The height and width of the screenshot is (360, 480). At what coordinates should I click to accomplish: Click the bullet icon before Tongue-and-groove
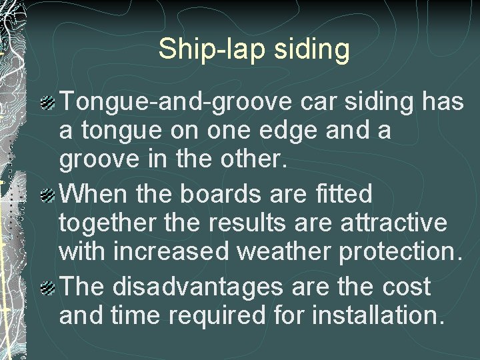click(48, 103)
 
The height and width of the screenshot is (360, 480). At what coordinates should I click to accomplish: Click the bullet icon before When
click(48, 196)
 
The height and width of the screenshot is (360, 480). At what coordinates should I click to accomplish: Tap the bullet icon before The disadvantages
click(48, 288)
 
